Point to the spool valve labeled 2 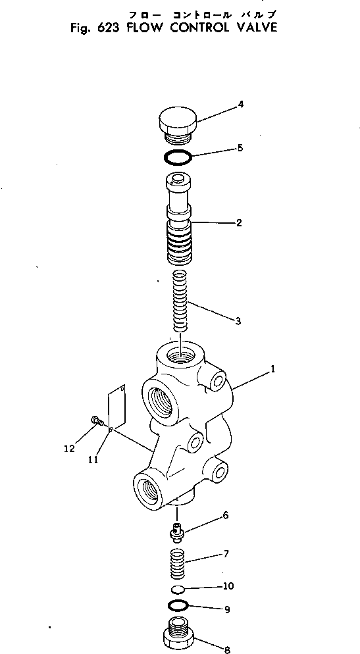178,217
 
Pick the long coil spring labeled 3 180,301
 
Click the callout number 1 272,370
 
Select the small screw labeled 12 97,420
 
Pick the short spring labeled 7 179,565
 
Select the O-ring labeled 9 179,605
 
